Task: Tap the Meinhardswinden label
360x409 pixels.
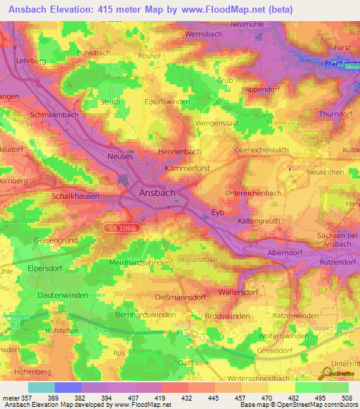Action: [141, 262]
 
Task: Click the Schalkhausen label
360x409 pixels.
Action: [75, 197]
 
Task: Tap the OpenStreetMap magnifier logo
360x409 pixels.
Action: [328, 373]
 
